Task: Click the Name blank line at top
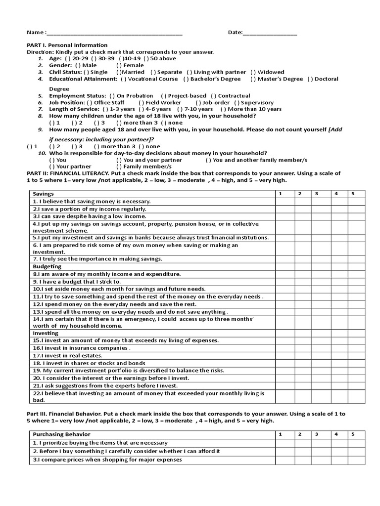(x=114, y=33)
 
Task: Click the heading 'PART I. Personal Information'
(x=67, y=45)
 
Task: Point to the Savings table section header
(x=43, y=194)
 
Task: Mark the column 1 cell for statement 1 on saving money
(x=285, y=202)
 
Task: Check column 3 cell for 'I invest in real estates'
(x=321, y=356)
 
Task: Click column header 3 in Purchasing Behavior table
(x=316, y=434)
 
